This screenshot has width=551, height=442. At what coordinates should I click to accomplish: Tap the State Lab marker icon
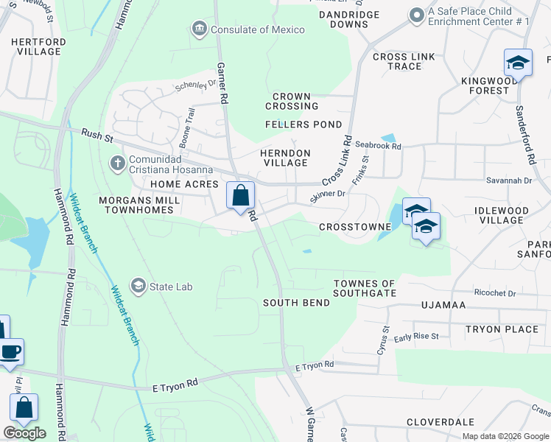coord(138,286)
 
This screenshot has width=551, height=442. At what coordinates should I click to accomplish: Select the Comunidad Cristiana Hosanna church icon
coord(117,163)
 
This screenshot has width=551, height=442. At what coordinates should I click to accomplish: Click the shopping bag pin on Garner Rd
coord(240,196)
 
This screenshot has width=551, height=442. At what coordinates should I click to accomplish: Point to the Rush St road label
coord(99,134)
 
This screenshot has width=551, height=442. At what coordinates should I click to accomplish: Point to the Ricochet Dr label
coord(496,292)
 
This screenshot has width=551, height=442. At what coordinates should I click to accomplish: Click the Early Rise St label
coord(416,337)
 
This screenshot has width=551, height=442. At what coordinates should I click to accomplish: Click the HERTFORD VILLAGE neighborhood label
coord(36,46)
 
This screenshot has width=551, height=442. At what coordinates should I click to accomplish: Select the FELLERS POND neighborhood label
coord(303,124)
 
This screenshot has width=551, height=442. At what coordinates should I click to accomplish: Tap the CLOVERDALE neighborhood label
coord(441,423)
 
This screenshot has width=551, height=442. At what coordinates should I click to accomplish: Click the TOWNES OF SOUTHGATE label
coord(365,288)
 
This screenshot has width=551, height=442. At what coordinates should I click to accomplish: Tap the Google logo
coord(25,433)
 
